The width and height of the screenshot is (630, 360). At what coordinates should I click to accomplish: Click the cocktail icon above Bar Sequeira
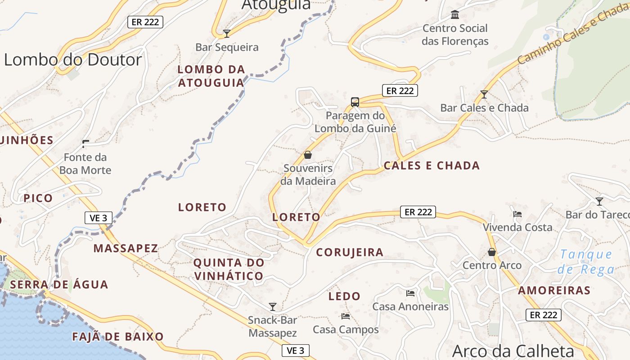(227, 33)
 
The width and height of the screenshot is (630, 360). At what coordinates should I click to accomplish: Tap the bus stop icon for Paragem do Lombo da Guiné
(355, 102)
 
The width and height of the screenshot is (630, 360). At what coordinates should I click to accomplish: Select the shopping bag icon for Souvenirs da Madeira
(308, 155)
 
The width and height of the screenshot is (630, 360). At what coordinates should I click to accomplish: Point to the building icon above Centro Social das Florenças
(455, 15)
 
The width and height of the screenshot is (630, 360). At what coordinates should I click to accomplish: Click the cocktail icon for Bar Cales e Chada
(484, 94)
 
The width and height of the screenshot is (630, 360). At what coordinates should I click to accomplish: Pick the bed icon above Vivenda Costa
(517, 214)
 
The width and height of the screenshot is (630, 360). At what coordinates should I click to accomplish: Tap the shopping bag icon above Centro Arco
(492, 252)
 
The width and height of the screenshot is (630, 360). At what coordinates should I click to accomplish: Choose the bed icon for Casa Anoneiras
(410, 293)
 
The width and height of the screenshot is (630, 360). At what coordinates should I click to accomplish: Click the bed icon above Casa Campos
(346, 316)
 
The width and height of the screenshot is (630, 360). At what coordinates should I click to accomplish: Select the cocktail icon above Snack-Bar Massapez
(272, 307)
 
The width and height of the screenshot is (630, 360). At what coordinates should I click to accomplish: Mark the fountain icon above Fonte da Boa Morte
(85, 144)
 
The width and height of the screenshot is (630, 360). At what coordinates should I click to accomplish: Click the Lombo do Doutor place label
(73, 60)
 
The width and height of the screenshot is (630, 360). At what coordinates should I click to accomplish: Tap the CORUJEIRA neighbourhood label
(350, 252)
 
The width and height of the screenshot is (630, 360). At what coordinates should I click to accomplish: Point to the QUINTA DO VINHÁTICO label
(229, 269)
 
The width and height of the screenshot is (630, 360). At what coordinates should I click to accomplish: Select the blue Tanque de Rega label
(586, 262)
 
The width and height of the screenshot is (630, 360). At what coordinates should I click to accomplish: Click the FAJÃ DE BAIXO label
(118, 337)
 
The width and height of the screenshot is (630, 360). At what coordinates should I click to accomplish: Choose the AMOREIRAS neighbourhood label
(554, 290)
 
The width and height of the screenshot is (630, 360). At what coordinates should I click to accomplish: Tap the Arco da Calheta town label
(513, 351)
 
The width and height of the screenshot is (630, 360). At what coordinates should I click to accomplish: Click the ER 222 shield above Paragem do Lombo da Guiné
(400, 90)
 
